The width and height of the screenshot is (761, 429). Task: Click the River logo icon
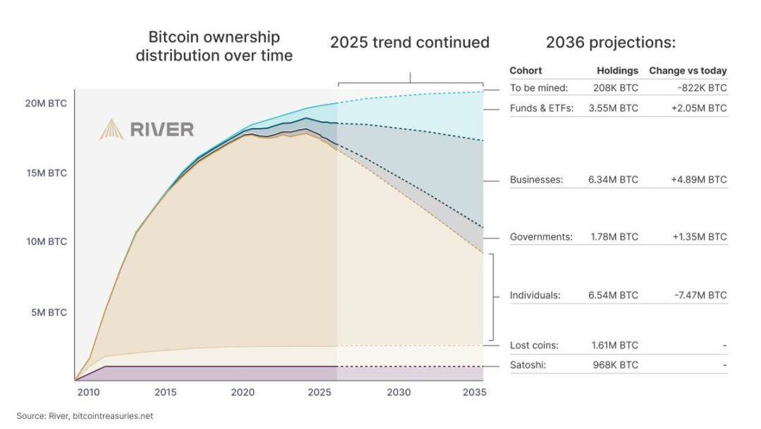(111, 129)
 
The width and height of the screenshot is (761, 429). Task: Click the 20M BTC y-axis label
(47, 103)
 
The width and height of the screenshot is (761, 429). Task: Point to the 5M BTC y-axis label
(49, 312)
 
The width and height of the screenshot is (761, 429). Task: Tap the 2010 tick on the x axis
(88, 392)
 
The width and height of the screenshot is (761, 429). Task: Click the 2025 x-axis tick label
(319, 392)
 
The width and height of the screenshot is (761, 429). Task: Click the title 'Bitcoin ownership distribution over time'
(214, 46)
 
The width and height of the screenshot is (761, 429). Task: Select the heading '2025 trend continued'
(409, 42)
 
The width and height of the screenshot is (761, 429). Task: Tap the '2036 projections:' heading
(610, 42)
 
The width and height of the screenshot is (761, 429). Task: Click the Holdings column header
(617, 71)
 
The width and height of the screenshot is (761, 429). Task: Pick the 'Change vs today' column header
(687, 71)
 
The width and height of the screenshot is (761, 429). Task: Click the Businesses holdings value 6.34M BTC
(613, 180)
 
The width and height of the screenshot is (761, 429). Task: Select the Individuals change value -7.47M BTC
(698, 295)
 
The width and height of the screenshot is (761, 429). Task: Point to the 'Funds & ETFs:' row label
(541, 109)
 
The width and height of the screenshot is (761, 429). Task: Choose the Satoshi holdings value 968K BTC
(615, 365)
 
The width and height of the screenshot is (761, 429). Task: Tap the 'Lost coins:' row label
(534, 345)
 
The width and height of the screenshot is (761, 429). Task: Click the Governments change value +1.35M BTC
(698, 237)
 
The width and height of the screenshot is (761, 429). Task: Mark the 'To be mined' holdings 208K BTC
(615, 88)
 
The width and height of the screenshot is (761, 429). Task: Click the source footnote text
(85, 416)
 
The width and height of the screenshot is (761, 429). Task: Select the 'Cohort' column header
(526, 71)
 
